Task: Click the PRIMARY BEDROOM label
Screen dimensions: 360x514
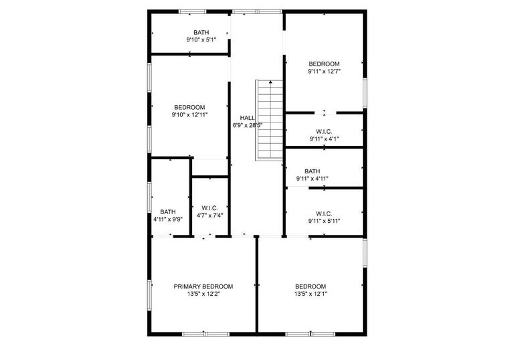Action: pyautogui.click(x=203, y=286)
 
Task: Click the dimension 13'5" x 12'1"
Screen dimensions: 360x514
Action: pyautogui.click(x=311, y=294)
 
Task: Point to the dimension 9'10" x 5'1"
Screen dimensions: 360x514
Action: pyautogui.click(x=201, y=40)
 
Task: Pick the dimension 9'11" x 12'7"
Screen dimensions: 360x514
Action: pyautogui.click(x=325, y=72)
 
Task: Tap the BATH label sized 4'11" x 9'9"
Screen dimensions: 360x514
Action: pyautogui.click(x=167, y=211)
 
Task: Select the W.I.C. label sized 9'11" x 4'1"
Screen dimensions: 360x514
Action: pyautogui.click(x=325, y=131)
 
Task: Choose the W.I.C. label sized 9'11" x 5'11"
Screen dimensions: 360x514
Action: pyautogui.click(x=325, y=213)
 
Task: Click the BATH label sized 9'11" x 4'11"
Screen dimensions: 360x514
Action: pyautogui.click(x=312, y=171)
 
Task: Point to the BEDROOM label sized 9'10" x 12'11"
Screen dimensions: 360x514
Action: pyautogui.click(x=189, y=107)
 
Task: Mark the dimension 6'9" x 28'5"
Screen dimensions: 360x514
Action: pyautogui.click(x=247, y=125)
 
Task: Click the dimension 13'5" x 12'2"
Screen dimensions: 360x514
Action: pyautogui.click(x=203, y=294)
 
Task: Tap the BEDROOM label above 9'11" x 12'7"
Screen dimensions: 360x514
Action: pyautogui.click(x=325, y=64)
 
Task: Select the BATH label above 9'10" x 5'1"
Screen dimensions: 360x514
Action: pyautogui.click(x=201, y=32)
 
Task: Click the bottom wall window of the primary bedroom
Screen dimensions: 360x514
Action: pyautogui.click(x=205, y=333)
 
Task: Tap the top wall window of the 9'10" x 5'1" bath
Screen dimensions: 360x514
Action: pyautogui.click(x=192, y=11)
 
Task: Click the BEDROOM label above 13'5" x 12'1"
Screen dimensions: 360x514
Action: pyautogui.click(x=311, y=286)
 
